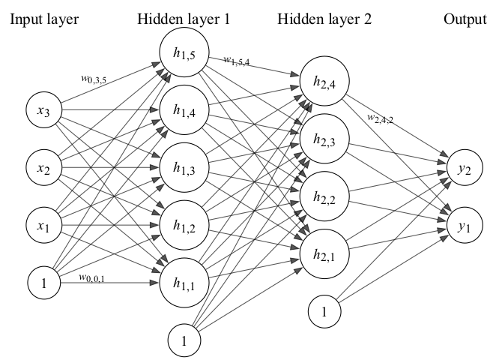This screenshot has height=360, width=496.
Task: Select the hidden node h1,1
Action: [181, 282]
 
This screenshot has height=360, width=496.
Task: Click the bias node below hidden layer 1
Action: [181, 341]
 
